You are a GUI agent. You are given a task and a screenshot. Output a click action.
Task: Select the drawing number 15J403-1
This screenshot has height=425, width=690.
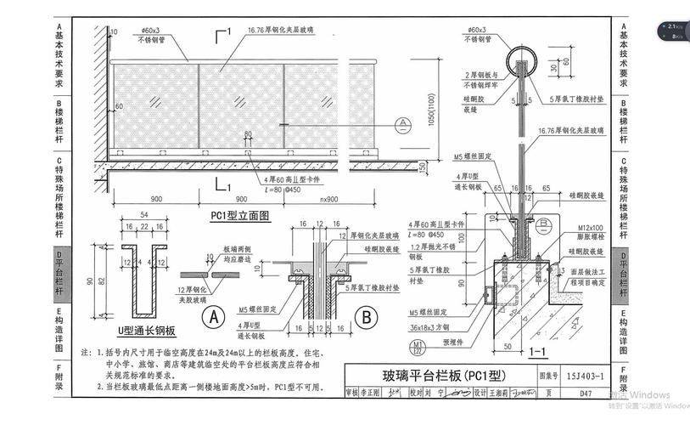tap(585, 375)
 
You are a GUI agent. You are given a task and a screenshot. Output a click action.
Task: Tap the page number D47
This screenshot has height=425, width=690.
tap(586, 394)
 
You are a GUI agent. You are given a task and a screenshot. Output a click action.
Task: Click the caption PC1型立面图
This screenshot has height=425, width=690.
tap(240, 216)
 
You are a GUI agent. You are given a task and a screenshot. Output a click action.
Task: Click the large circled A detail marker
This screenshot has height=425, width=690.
tap(215, 317)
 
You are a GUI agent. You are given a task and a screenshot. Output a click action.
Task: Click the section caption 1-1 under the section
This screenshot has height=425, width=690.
tap(536, 349)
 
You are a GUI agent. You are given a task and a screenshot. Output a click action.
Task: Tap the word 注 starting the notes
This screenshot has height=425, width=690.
tap(85, 350)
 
